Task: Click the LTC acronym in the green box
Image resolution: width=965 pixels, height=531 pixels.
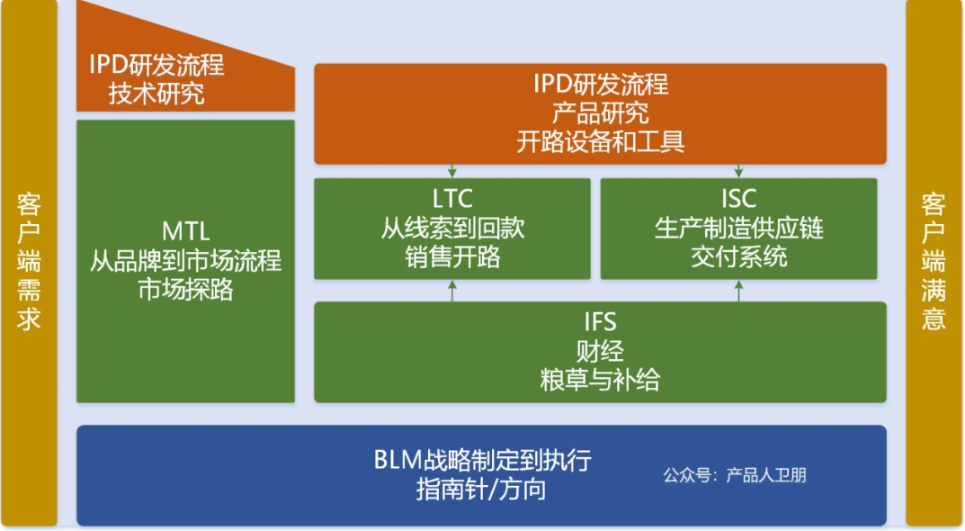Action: tap(452, 199)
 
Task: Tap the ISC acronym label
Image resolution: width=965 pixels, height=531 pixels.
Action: tap(738, 199)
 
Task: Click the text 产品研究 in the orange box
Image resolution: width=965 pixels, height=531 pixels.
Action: tap(600, 113)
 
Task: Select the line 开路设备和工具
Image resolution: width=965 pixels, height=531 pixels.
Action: tap(600, 141)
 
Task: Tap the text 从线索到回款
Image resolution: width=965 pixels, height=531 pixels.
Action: tap(452, 228)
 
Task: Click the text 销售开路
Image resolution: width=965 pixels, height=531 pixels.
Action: tap(452, 256)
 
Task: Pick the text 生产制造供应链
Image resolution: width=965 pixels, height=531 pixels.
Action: tap(738, 228)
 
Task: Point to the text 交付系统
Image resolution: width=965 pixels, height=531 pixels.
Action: tap(738, 256)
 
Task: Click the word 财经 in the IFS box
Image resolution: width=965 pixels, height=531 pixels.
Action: tap(600, 350)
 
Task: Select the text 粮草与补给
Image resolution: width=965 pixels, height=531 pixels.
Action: tap(600, 379)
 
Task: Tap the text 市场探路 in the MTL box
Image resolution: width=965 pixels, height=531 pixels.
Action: tap(185, 290)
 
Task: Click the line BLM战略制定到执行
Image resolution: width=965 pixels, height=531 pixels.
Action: tap(482, 460)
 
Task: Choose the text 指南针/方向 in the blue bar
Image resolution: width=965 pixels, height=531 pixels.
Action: tap(482, 490)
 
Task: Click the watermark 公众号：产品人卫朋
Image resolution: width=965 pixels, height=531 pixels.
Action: tap(734, 475)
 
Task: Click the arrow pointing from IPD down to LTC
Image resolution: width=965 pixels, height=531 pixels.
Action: tap(452, 171)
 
